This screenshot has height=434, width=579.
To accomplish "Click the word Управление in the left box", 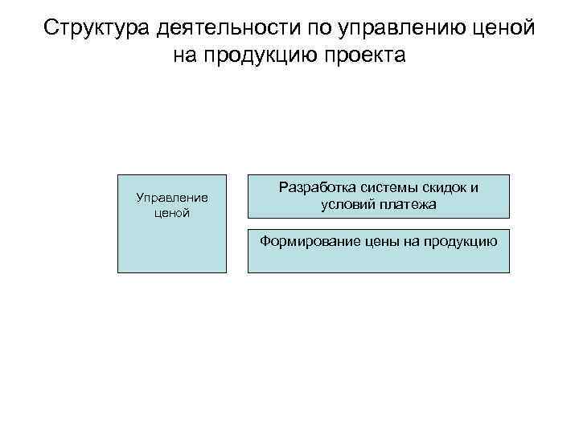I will [x=172, y=198].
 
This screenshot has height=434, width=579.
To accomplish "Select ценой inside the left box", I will [x=172, y=213].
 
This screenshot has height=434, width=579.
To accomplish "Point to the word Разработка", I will [x=311, y=188].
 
